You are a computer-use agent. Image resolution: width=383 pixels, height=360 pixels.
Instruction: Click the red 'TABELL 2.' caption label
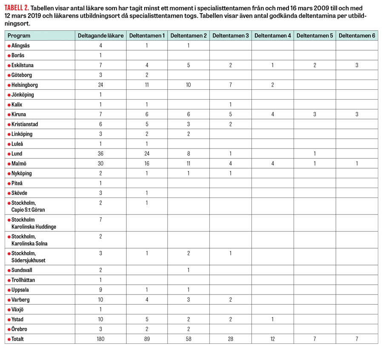click(16, 8)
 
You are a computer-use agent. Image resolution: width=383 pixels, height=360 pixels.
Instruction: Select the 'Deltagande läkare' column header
click(101, 36)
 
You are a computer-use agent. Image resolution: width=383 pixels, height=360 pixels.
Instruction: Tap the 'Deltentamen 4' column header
click(273, 36)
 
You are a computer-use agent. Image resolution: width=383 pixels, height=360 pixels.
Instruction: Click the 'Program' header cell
click(19, 36)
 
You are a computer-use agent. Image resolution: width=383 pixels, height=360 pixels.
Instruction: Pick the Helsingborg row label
click(25, 85)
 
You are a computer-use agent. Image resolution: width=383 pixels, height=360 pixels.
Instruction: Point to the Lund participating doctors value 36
click(101, 154)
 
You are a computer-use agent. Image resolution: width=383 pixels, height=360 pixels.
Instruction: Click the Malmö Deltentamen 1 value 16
click(147, 163)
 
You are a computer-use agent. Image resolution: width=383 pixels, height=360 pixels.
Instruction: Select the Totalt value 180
click(101, 339)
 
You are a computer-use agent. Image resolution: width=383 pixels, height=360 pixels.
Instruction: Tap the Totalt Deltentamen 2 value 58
click(189, 339)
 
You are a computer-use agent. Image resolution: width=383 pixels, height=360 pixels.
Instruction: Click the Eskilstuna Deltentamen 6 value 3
click(357, 65)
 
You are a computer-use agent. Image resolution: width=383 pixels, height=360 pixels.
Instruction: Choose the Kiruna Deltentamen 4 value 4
click(273, 114)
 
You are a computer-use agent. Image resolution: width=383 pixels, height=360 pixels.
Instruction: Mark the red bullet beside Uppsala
click(9, 290)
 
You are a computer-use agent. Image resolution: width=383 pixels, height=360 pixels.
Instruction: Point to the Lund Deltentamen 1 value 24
click(147, 154)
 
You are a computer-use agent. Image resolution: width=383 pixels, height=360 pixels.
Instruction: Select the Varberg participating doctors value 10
click(101, 300)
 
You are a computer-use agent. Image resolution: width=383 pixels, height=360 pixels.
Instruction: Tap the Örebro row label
click(20, 329)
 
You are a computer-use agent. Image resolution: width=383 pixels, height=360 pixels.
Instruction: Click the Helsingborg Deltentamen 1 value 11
click(147, 85)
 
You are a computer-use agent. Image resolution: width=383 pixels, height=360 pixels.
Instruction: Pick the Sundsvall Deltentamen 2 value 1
click(189, 270)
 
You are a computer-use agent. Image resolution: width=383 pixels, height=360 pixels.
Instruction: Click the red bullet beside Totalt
click(9, 339)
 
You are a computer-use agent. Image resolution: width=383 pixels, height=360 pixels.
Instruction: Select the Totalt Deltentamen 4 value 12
click(273, 339)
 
